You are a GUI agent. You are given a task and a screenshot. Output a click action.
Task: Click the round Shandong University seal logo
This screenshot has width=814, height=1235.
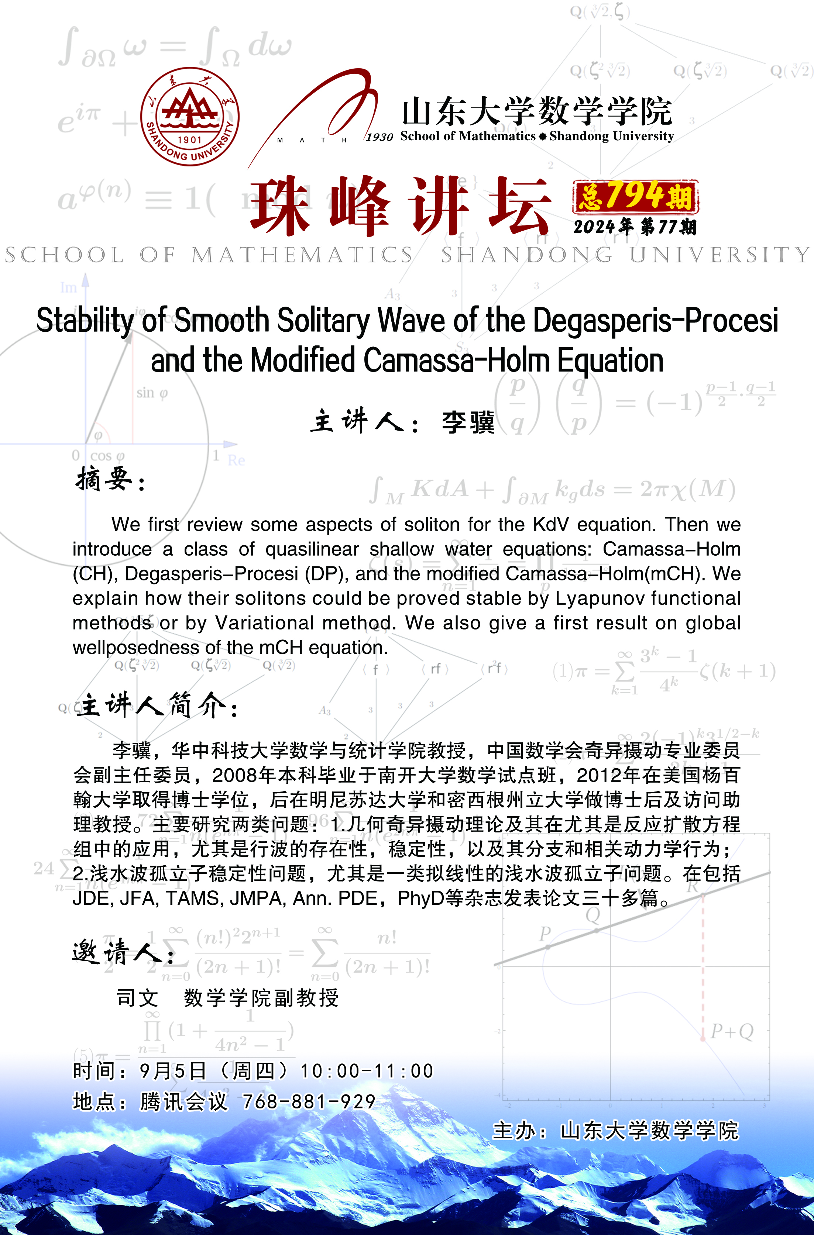(190, 117)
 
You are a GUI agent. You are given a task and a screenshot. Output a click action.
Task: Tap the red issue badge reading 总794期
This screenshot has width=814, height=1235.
(635, 197)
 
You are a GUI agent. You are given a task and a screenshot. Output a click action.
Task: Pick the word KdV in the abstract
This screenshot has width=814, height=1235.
(551, 525)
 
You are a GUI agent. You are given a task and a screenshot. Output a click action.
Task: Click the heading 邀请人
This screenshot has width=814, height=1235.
(123, 952)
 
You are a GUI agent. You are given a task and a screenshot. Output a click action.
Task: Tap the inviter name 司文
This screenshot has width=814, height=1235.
(137, 997)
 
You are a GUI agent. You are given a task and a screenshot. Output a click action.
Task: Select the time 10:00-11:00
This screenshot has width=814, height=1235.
(367, 1070)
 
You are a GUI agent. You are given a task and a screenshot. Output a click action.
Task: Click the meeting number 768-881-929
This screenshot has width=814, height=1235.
(309, 1101)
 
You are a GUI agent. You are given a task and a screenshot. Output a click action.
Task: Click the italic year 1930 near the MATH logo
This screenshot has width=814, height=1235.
(379, 137)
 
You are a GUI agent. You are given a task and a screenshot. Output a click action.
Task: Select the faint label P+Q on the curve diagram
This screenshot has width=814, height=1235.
(732, 1031)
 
